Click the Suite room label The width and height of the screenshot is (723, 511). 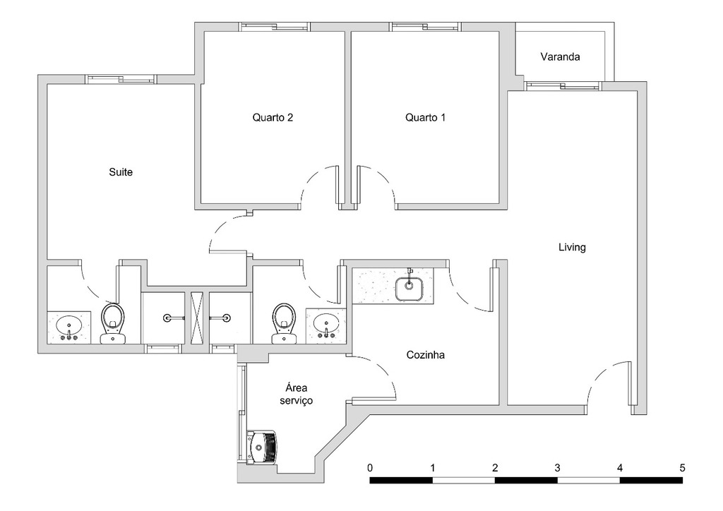[121, 172]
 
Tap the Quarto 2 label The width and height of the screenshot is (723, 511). [273, 118]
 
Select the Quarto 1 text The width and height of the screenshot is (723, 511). [425, 118]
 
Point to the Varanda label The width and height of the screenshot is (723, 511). [560, 57]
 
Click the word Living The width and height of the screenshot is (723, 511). [572, 248]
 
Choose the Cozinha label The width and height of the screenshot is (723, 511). [426, 355]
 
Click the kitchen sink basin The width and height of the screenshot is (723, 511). [409, 287]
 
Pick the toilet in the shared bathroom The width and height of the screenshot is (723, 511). [284, 323]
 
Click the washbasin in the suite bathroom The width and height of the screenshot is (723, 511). [69, 327]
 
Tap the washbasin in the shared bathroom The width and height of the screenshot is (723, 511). [326, 325]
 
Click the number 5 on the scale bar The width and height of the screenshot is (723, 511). [682, 468]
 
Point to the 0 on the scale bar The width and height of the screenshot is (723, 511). [370, 468]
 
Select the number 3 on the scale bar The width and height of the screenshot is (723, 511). [557, 468]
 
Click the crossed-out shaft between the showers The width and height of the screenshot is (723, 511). [197, 318]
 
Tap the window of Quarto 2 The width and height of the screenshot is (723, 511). [275, 27]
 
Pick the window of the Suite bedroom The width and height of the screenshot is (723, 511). [120, 79]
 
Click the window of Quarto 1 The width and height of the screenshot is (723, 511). [426, 27]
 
